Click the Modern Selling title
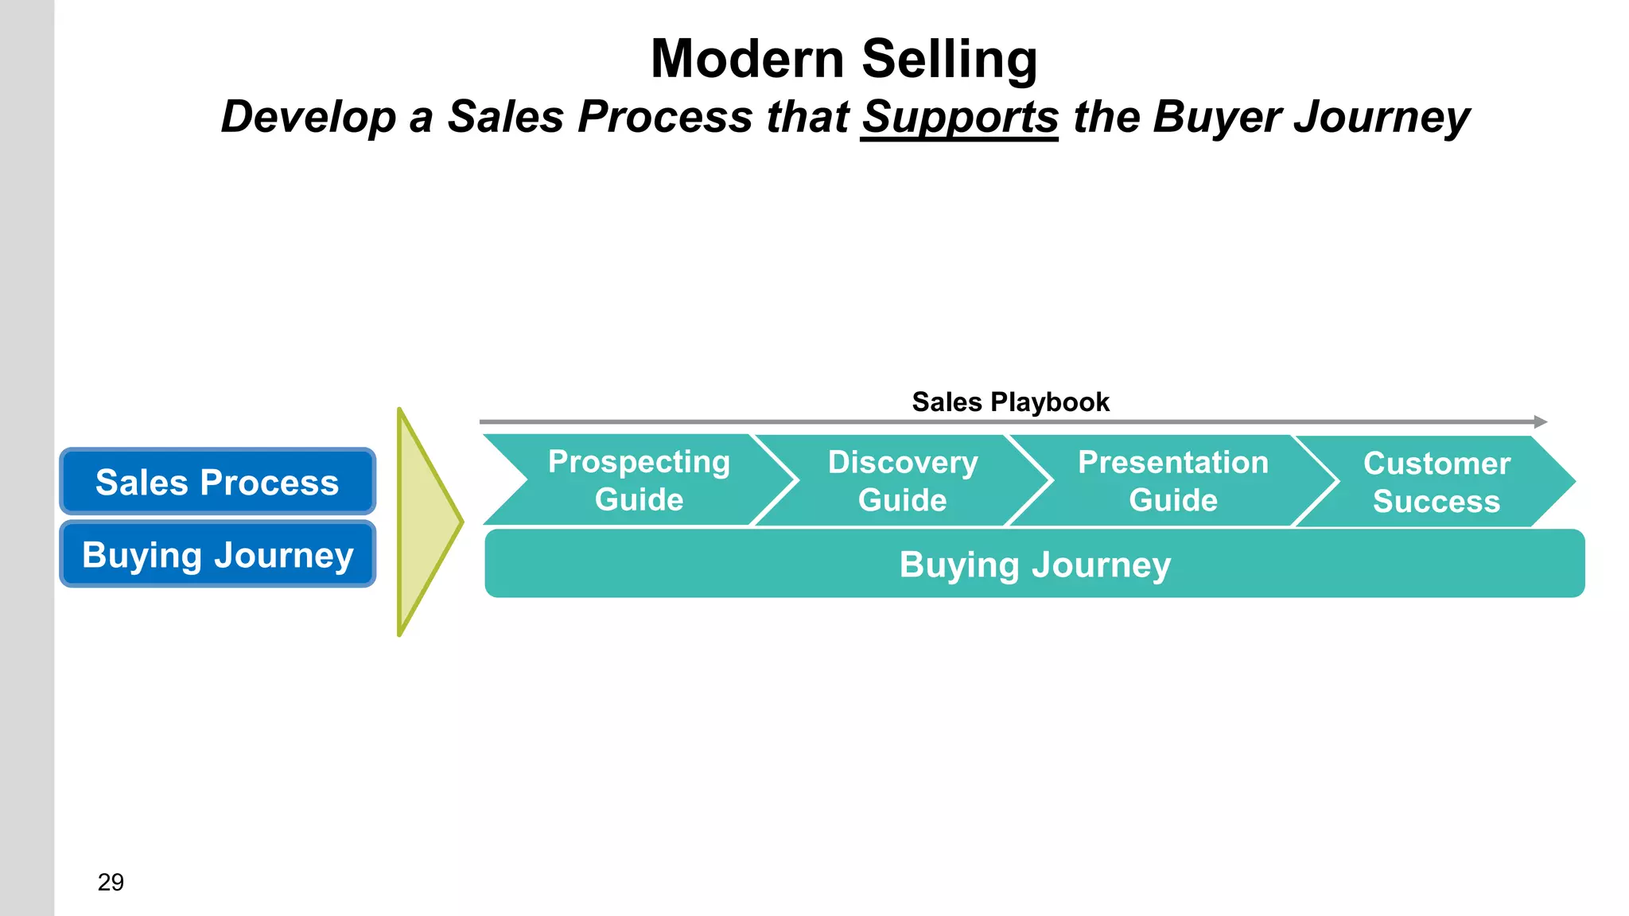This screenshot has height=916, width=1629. pyautogui.click(x=844, y=59)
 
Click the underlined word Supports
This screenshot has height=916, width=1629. pyautogui.click(x=959, y=117)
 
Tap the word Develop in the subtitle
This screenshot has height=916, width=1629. pyautogui.click(x=308, y=117)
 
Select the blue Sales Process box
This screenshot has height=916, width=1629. pyautogui.click(x=217, y=482)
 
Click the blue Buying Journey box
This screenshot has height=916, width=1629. pyautogui.click(x=217, y=554)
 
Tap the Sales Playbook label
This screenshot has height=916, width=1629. pyautogui.click(x=1010, y=402)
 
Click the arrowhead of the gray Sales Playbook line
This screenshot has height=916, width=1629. pyautogui.click(x=1540, y=422)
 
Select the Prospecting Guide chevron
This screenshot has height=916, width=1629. pyautogui.click(x=639, y=480)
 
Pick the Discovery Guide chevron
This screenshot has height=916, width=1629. pyautogui.click(x=903, y=480)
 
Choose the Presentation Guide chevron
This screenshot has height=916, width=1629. pyautogui.click(x=1172, y=480)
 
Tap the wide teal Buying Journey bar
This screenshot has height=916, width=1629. pyautogui.click(x=1034, y=564)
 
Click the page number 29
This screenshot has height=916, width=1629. pyautogui.click(x=111, y=882)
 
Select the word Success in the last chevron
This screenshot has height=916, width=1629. pyautogui.click(x=1437, y=501)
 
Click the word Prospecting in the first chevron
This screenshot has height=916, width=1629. pyautogui.click(x=639, y=461)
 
